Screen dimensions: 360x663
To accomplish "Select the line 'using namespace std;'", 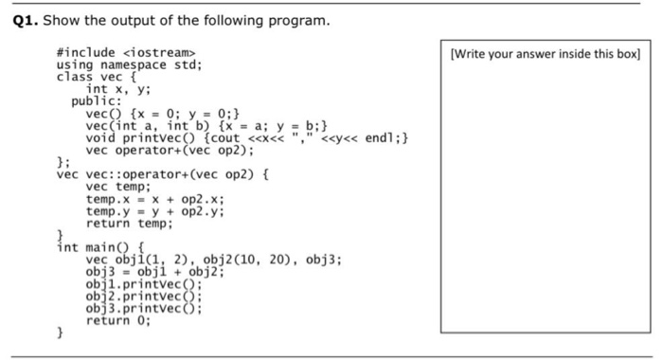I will point(130,64).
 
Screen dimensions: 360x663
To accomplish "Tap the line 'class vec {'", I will point(97,77).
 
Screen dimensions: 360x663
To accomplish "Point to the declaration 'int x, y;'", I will point(118,89).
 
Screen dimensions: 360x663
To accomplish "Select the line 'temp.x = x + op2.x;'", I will point(155,200).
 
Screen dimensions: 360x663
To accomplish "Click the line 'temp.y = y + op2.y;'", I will point(155,212).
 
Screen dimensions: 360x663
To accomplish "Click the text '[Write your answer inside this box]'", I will point(547,54).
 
